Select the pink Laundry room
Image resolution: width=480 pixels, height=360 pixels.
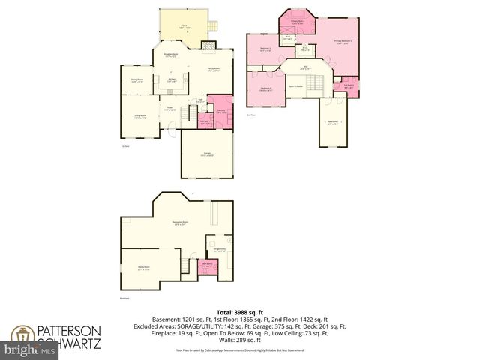point(220,111)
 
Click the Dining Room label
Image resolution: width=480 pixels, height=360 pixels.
point(136,79)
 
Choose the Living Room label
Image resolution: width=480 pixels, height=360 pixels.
point(140,116)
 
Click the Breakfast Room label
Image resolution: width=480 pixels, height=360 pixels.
point(170,55)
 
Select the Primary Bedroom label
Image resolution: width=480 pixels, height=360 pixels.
point(344,42)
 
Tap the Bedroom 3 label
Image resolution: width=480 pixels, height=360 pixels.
point(265,49)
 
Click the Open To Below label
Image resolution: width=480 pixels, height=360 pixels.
point(295,86)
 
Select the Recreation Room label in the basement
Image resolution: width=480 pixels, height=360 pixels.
point(180,223)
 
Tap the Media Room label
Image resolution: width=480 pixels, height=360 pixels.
point(145,268)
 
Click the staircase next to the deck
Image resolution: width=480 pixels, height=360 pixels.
point(212,27)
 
